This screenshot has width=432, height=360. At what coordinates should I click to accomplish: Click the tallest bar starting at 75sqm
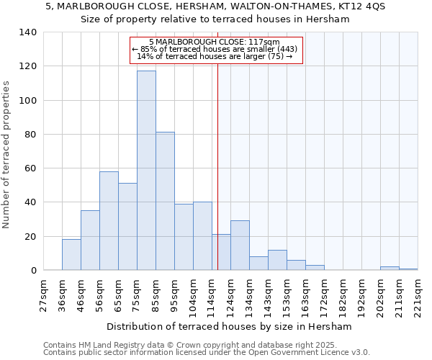[146, 171]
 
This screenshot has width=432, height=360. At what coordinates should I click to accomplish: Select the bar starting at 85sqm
[165, 201]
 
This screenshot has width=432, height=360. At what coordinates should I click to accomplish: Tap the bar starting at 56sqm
[109, 220]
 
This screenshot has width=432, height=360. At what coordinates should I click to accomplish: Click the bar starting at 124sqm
[240, 246]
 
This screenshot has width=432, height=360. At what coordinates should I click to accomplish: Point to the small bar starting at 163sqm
[315, 267]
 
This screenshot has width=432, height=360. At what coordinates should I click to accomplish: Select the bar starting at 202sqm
[390, 268]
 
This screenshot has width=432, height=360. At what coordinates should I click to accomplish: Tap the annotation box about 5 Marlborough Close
[216, 50]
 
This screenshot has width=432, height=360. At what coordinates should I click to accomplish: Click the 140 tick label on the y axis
[28, 32]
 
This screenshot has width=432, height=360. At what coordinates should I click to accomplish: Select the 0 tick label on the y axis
[33, 271]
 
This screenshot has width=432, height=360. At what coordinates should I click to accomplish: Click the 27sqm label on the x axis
[44, 296]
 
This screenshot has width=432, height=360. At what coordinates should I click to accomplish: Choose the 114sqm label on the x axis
[212, 296]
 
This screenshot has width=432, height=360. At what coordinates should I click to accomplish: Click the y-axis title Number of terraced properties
[7, 155]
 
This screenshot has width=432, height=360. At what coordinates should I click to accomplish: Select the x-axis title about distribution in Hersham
[234, 326]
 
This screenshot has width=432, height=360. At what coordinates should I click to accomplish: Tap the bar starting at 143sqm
[277, 260]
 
